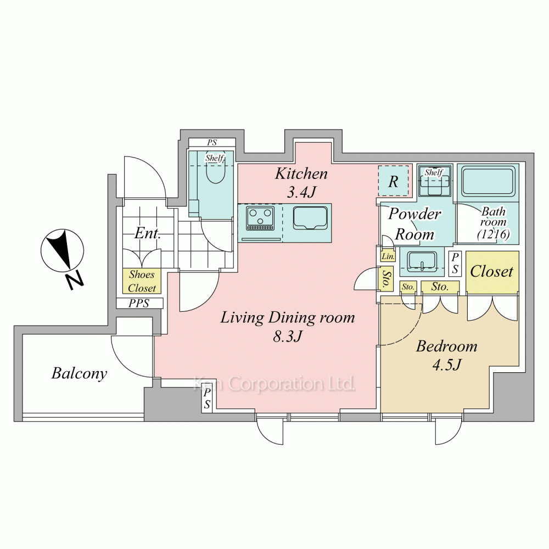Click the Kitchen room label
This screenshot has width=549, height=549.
pyautogui.click(x=301, y=173)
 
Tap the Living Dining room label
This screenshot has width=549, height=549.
pyautogui.click(x=288, y=318)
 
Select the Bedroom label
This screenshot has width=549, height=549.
pyautogui.click(x=446, y=346)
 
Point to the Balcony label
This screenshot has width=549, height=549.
pyautogui.click(x=79, y=373)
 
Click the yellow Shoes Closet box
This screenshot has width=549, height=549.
pyautogui.click(x=142, y=281)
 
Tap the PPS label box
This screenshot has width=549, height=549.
pyautogui.click(x=139, y=303)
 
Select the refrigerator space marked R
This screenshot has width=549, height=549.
pyautogui.click(x=393, y=181)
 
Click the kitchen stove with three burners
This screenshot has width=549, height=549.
pyautogui.click(x=260, y=218)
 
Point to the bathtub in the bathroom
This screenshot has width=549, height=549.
pyautogui.click(x=488, y=181)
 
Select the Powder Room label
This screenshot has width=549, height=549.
pyautogui.click(x=414, y=224)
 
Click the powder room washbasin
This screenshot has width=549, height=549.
pyautogui.click(x=422, y=260)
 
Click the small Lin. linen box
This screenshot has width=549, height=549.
pyautogui.click(x=388, y=256)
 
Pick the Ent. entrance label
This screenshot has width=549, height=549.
pyautogui.click(x=147, y=233)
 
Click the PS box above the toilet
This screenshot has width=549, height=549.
pyautogui.click(x=212, y=143)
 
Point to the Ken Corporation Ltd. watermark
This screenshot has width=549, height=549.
pyautogui.click(x=274, y=384)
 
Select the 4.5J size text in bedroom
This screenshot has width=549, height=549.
pyautogui.click(x=447, y=365)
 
